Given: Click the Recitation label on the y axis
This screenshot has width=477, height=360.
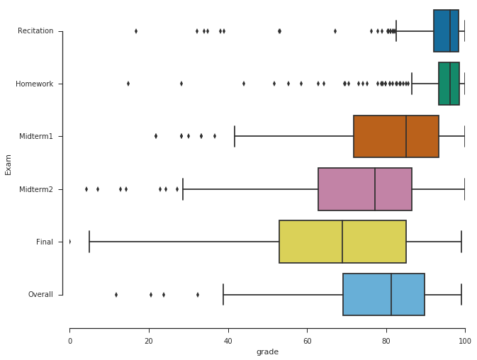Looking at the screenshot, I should pos(35,31).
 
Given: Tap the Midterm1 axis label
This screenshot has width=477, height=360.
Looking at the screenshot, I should pos(36,136).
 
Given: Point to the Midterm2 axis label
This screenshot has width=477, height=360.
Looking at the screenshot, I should pos(36,189).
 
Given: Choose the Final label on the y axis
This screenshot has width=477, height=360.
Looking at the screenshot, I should pos(45,242).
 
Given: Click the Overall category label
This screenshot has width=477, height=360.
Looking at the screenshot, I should pos(40,294).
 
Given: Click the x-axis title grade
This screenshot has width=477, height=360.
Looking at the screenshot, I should pos(267,351).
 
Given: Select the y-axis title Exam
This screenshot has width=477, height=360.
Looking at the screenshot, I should pos(9,163).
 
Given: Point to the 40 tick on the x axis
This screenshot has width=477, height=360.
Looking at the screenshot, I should pos(228,341).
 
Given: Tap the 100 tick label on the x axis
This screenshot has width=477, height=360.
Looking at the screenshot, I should pos(465,341).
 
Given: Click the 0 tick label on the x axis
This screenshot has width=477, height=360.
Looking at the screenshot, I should pos(69,341).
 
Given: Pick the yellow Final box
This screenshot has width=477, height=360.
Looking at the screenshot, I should pos(342,242).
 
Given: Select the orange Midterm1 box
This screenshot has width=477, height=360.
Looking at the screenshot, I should pos(395,136).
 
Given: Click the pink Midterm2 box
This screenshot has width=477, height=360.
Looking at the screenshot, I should pos(364,189).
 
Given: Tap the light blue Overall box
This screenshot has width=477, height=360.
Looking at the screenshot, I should pos(383,294).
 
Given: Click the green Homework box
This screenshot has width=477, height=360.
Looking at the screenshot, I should pos(449,84).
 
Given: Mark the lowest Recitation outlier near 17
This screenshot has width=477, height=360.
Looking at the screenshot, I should pos(136,31).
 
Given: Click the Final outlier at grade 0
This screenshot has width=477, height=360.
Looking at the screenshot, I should pos(69,242).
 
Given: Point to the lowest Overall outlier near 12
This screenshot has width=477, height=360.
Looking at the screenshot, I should pos(116,294).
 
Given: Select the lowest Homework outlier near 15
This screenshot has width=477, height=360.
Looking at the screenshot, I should pos(128,84).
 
